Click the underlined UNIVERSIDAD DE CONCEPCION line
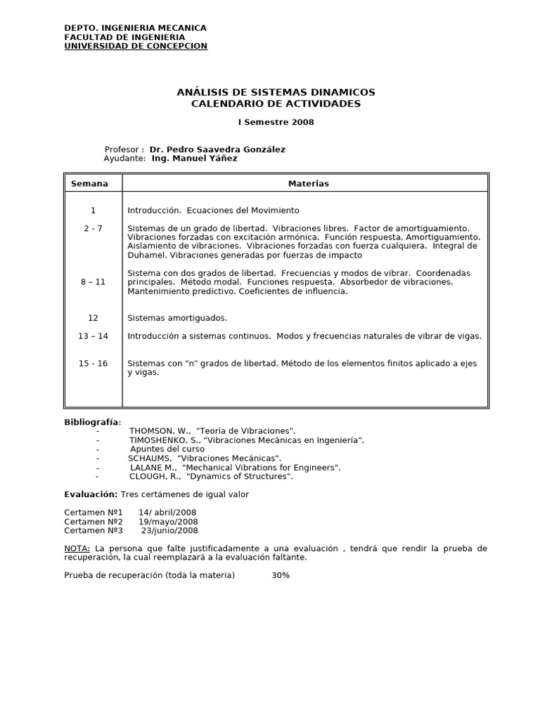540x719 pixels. [x=136, y=46]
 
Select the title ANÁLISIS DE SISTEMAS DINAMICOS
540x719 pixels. [x=276, y=93]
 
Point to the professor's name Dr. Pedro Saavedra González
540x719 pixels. [x=217, y=150]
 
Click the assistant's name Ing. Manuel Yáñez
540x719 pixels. [x=194, y=159]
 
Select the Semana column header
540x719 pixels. [x=90, y=184]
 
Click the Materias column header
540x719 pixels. [x=308, y=184]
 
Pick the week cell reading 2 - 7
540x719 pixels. [x=93, y=228]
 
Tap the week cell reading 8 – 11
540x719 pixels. [x=93, y=282]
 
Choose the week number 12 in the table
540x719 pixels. [x=94, y=318]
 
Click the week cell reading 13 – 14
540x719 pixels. [x=93, y=336]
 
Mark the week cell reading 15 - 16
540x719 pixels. [x=93, y=363]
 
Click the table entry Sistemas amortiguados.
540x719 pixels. [x=177, y=318]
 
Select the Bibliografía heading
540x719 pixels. [x=92, y=422]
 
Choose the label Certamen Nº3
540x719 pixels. [x=94, y=531]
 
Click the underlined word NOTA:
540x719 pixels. [x=77, y=548]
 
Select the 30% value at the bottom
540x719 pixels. [x=281, y=575]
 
